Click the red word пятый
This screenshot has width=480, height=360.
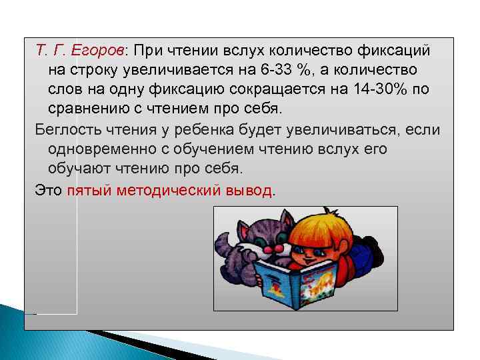click(89, 191)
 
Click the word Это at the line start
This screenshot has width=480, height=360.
click(48, 191)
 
